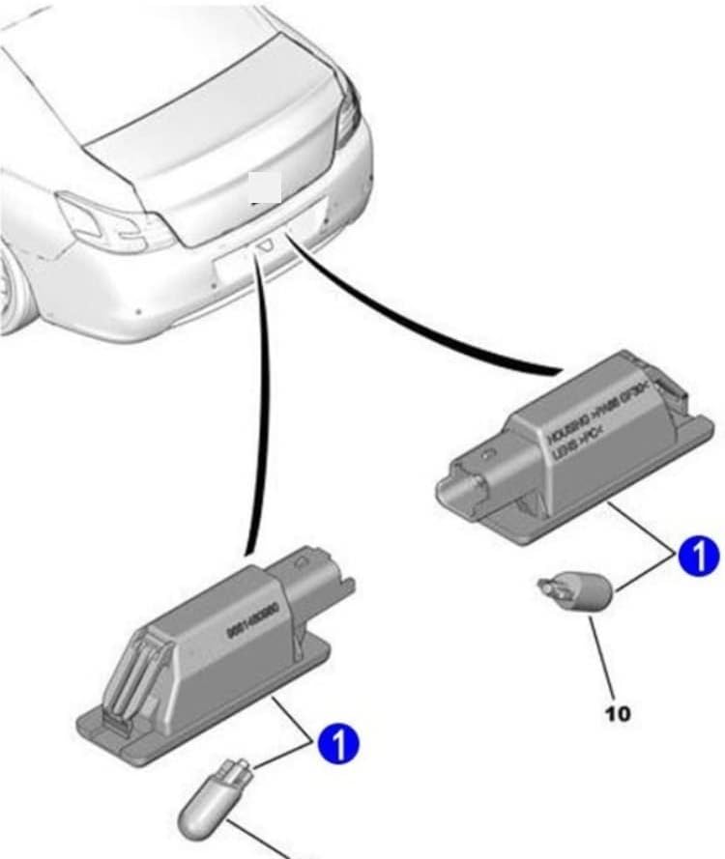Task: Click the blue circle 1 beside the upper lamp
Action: click(698, 558)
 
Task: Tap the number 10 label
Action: click(617, 714)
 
